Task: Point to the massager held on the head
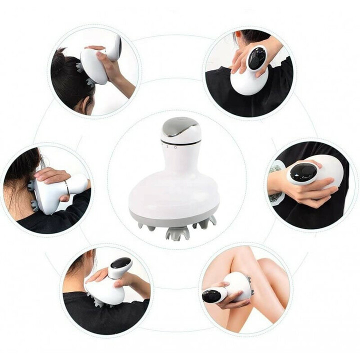pos(97,63)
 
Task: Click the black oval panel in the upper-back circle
pos(257,58)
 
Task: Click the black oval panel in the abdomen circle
pos(303,173)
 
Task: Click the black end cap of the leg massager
pos(210,295)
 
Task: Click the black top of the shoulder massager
pos(120,263)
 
